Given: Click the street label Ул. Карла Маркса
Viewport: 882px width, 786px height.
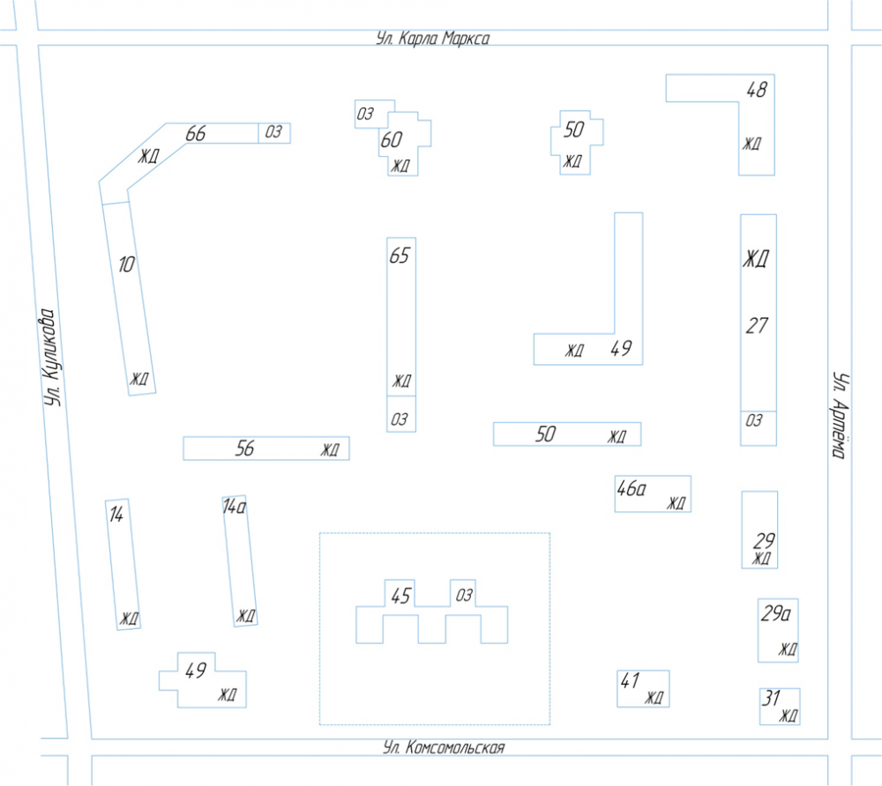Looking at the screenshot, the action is (x=432, y=38).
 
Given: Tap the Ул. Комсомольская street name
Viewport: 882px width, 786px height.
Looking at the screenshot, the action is (x=444, y=747).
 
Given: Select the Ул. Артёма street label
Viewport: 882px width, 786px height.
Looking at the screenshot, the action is (x=840, y=415).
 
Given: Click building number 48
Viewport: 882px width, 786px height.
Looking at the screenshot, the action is (x=757, y=89).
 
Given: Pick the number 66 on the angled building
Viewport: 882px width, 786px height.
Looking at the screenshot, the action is (x=196, y=134).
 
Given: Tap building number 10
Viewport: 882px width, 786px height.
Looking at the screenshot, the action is (x=126, y=264).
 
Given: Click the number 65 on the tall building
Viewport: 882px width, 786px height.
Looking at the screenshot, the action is (x=400, y=256).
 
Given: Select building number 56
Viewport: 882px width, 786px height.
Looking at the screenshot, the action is (x=244, y=449).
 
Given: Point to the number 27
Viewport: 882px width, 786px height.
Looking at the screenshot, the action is (x=757, y=326).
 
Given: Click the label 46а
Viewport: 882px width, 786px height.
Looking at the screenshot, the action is (x=632, y=488).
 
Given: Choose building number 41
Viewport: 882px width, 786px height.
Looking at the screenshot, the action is (x=630, y=681).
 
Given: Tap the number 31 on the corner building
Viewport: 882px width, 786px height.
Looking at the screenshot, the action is (x=771, y=699).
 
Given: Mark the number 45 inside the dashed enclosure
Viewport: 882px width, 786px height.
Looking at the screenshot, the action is (x=401, y=596).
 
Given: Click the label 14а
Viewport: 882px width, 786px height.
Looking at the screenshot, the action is (x=235, y=507).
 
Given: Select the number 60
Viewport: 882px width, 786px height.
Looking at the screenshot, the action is (x=392, y=140).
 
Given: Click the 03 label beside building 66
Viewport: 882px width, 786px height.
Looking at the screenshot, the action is (x=273, y=132).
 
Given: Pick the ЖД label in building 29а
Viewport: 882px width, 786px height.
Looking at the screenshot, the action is (x=788, y=649).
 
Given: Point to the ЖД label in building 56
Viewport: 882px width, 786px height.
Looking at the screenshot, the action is (x=330, y=450).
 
